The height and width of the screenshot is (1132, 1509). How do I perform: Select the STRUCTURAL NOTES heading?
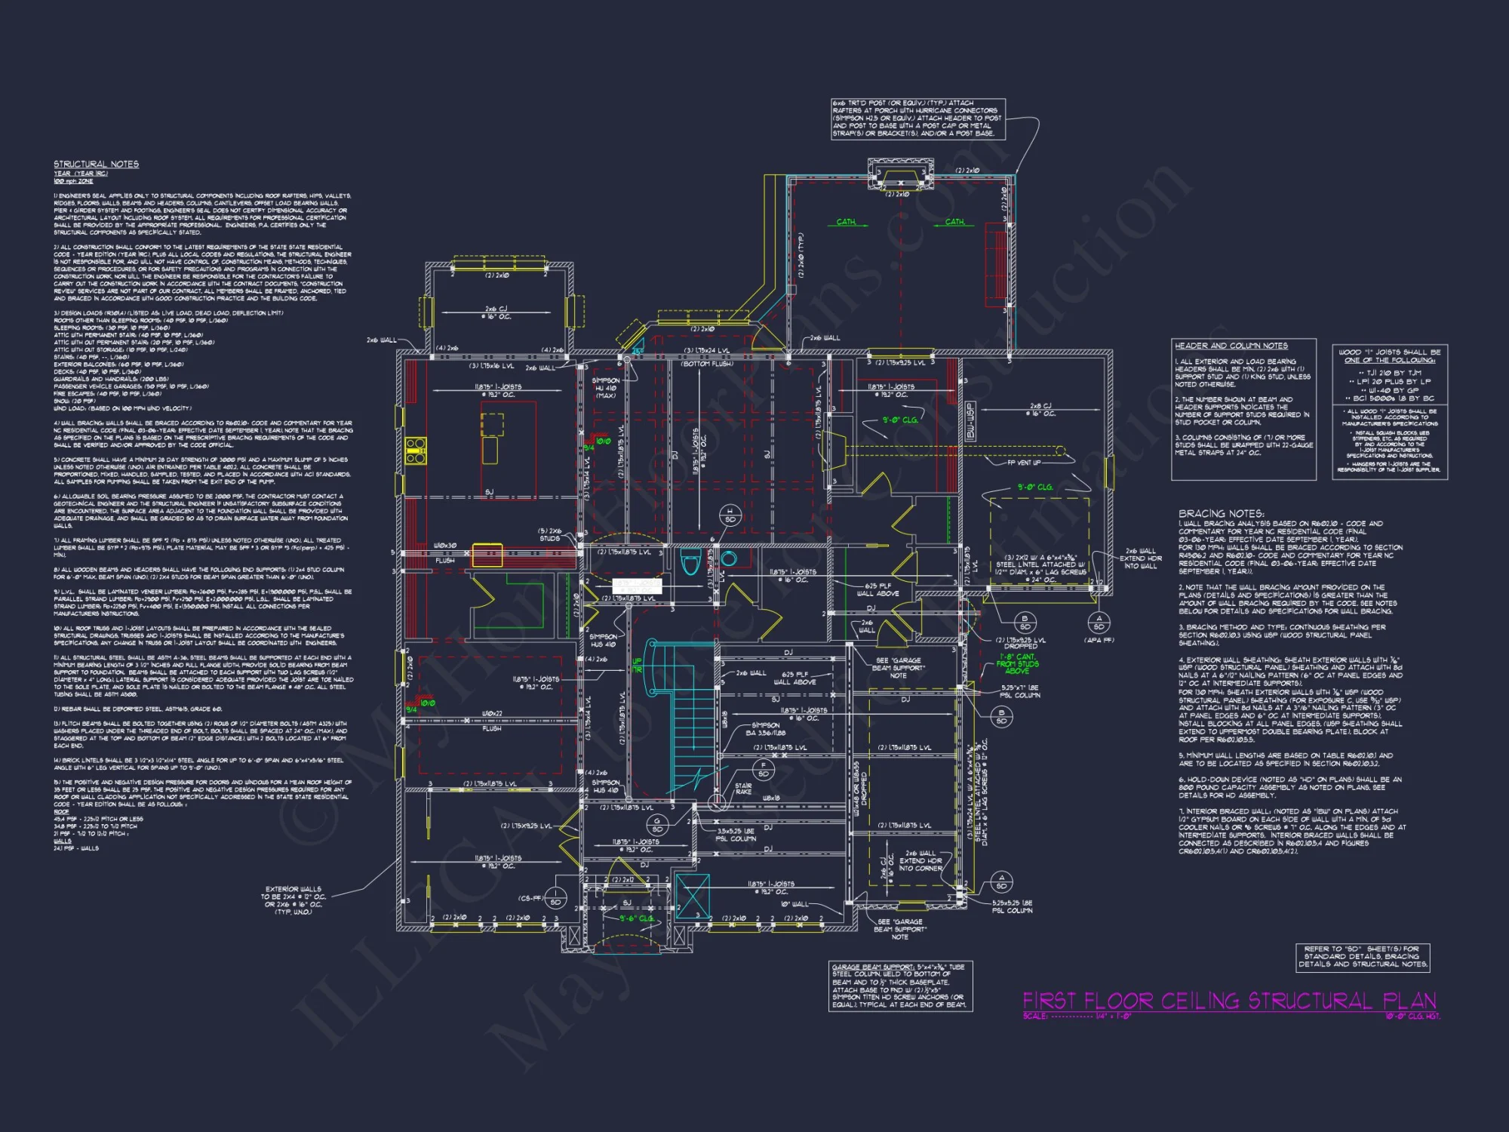96,164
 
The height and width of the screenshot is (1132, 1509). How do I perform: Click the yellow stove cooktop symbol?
416,450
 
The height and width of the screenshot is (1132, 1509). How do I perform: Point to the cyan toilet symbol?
690,562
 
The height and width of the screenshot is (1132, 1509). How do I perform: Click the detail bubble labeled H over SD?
730,515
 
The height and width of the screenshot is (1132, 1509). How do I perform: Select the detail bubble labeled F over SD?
763,770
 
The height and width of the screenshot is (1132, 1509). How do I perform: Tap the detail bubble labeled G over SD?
656,825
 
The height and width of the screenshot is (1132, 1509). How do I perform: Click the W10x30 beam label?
445,545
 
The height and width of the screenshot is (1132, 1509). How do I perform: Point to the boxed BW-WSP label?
970,421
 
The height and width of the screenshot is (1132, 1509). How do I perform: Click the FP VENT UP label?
1024,463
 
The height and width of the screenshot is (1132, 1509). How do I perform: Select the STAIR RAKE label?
743,789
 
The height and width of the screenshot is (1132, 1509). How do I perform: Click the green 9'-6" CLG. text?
637,918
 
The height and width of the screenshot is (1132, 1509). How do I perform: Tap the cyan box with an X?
693,896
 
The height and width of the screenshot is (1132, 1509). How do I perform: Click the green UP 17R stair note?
637,665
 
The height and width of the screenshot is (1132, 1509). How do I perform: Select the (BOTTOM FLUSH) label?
707,364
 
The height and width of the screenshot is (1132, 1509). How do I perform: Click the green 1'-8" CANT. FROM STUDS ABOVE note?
1017,663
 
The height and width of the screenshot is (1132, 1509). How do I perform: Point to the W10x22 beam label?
492,713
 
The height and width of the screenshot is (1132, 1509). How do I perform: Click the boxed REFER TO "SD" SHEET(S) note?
1363,956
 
